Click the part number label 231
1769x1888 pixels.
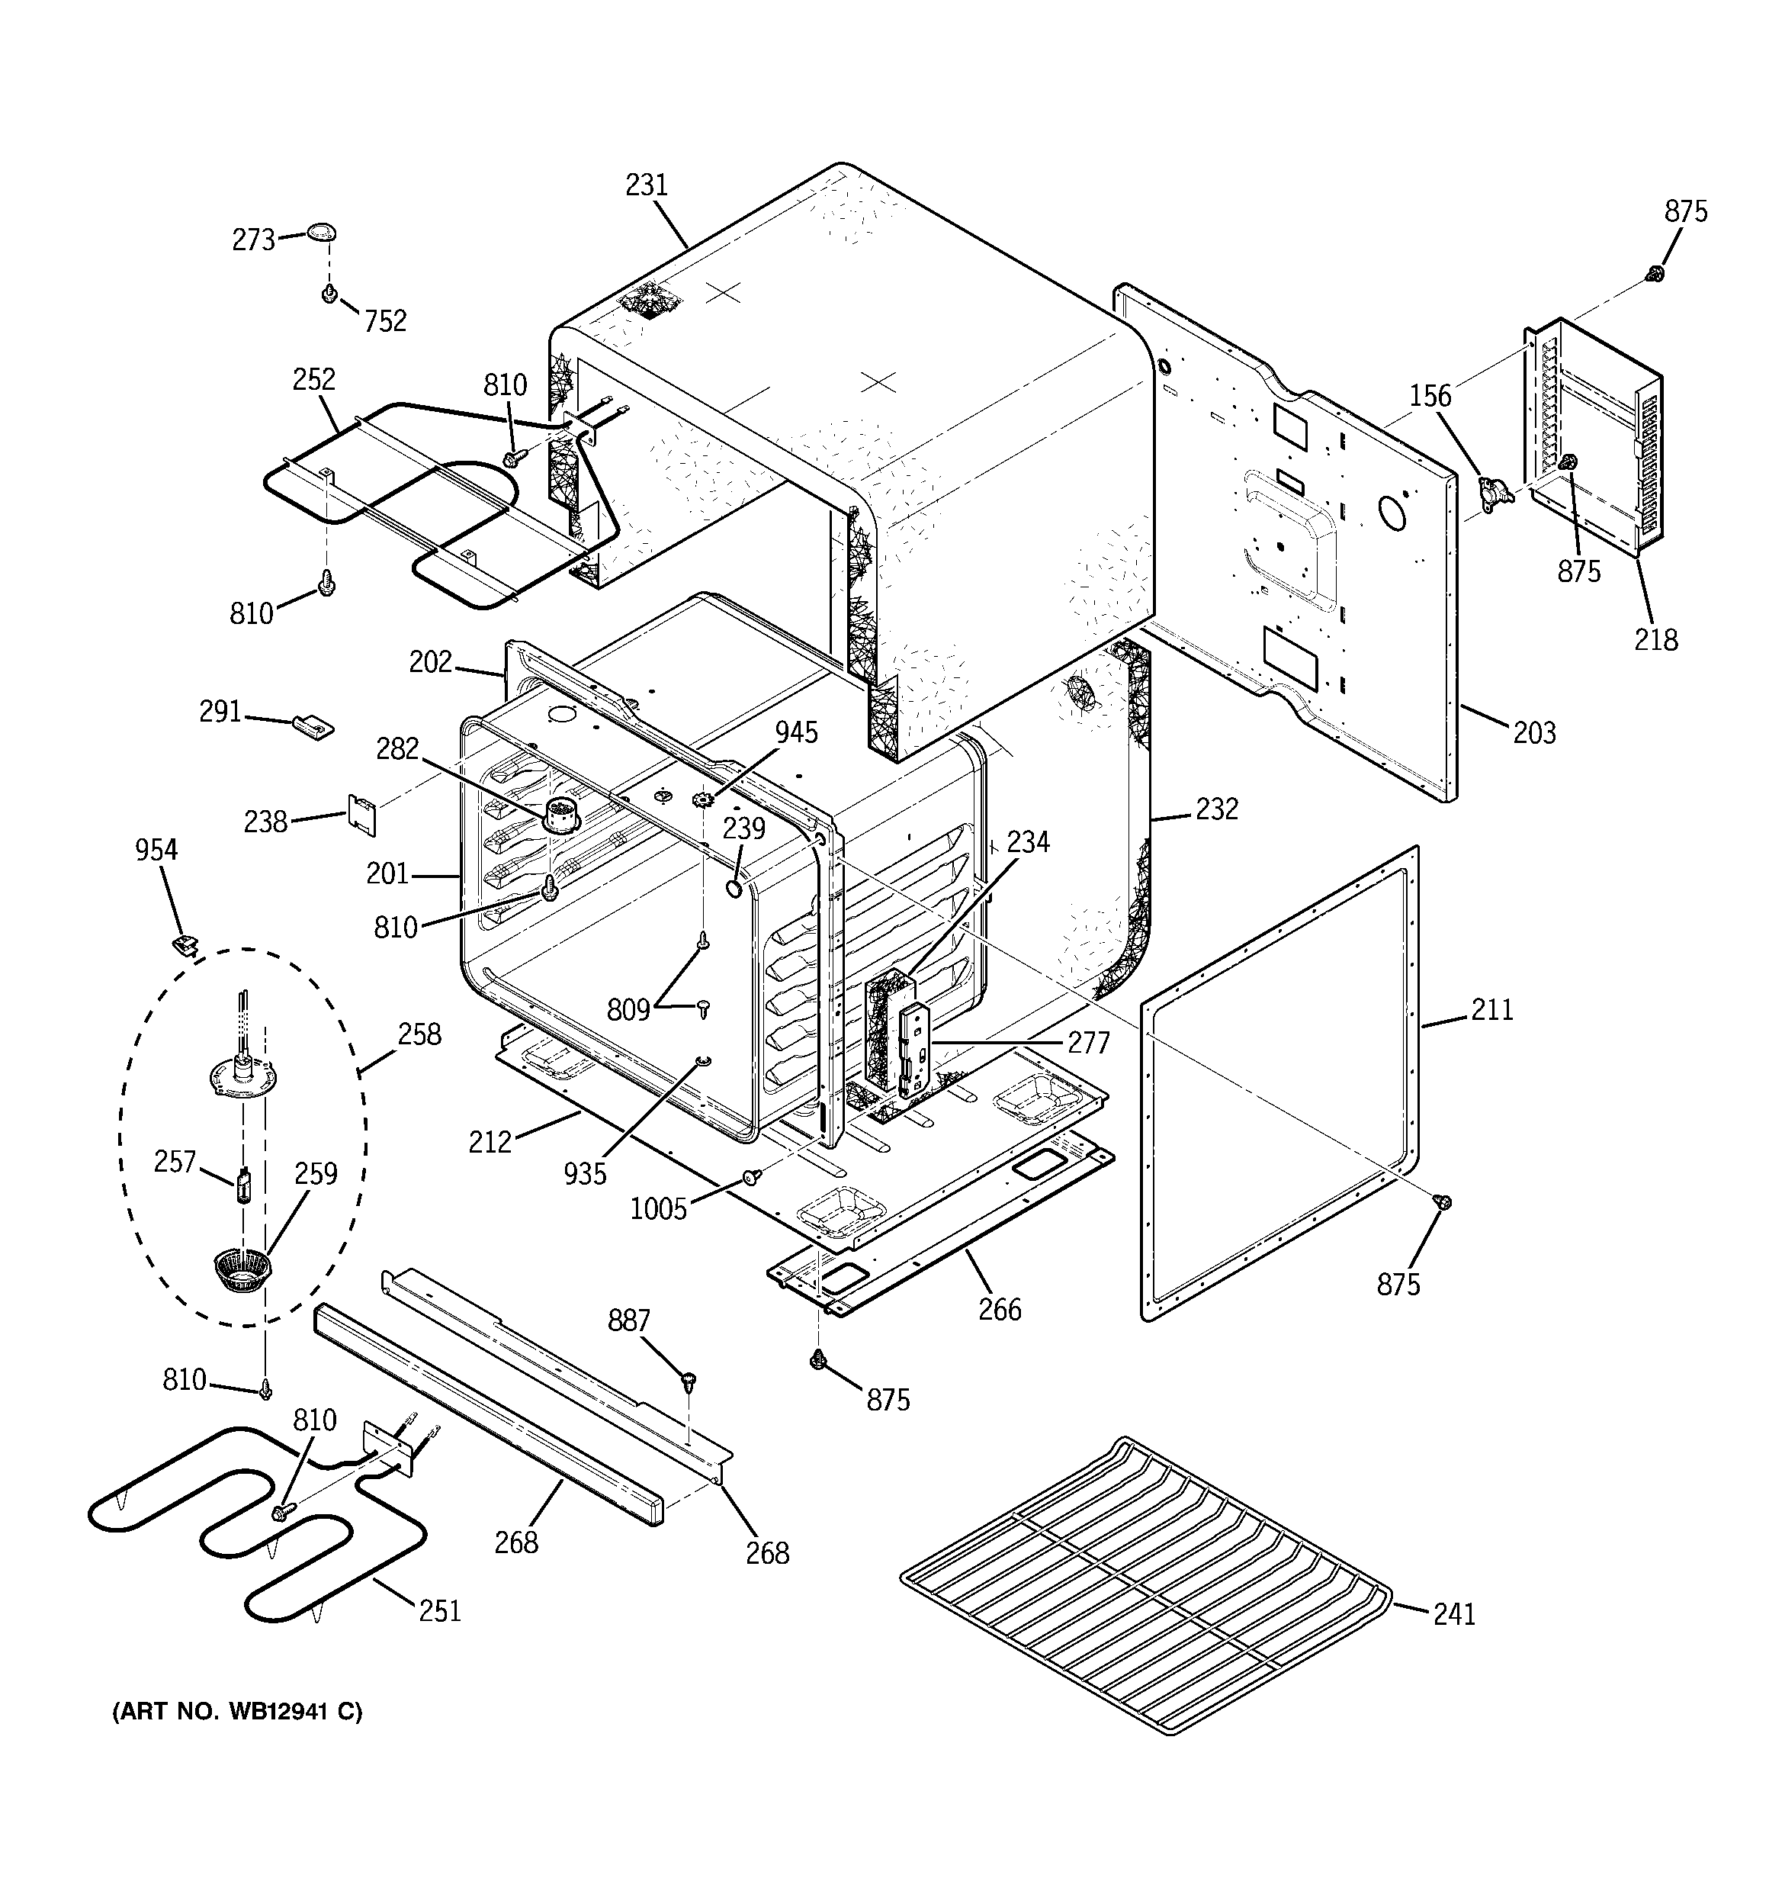point(647,185)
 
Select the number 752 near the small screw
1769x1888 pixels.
point(386,321)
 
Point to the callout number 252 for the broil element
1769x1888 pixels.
point(314,379)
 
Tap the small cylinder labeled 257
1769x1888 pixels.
point(244,1186)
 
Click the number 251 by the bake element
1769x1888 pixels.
point(441,1610)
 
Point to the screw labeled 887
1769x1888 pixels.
point(689,1378)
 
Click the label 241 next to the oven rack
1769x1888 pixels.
point(1455,1613)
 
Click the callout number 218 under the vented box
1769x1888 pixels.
point(1656,639)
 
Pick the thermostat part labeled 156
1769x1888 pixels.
point(1494,492)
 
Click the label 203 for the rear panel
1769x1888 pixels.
point(1534,732)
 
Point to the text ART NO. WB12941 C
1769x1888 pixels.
point(237,1738)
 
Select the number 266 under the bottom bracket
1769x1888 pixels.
point(1000,1310)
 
